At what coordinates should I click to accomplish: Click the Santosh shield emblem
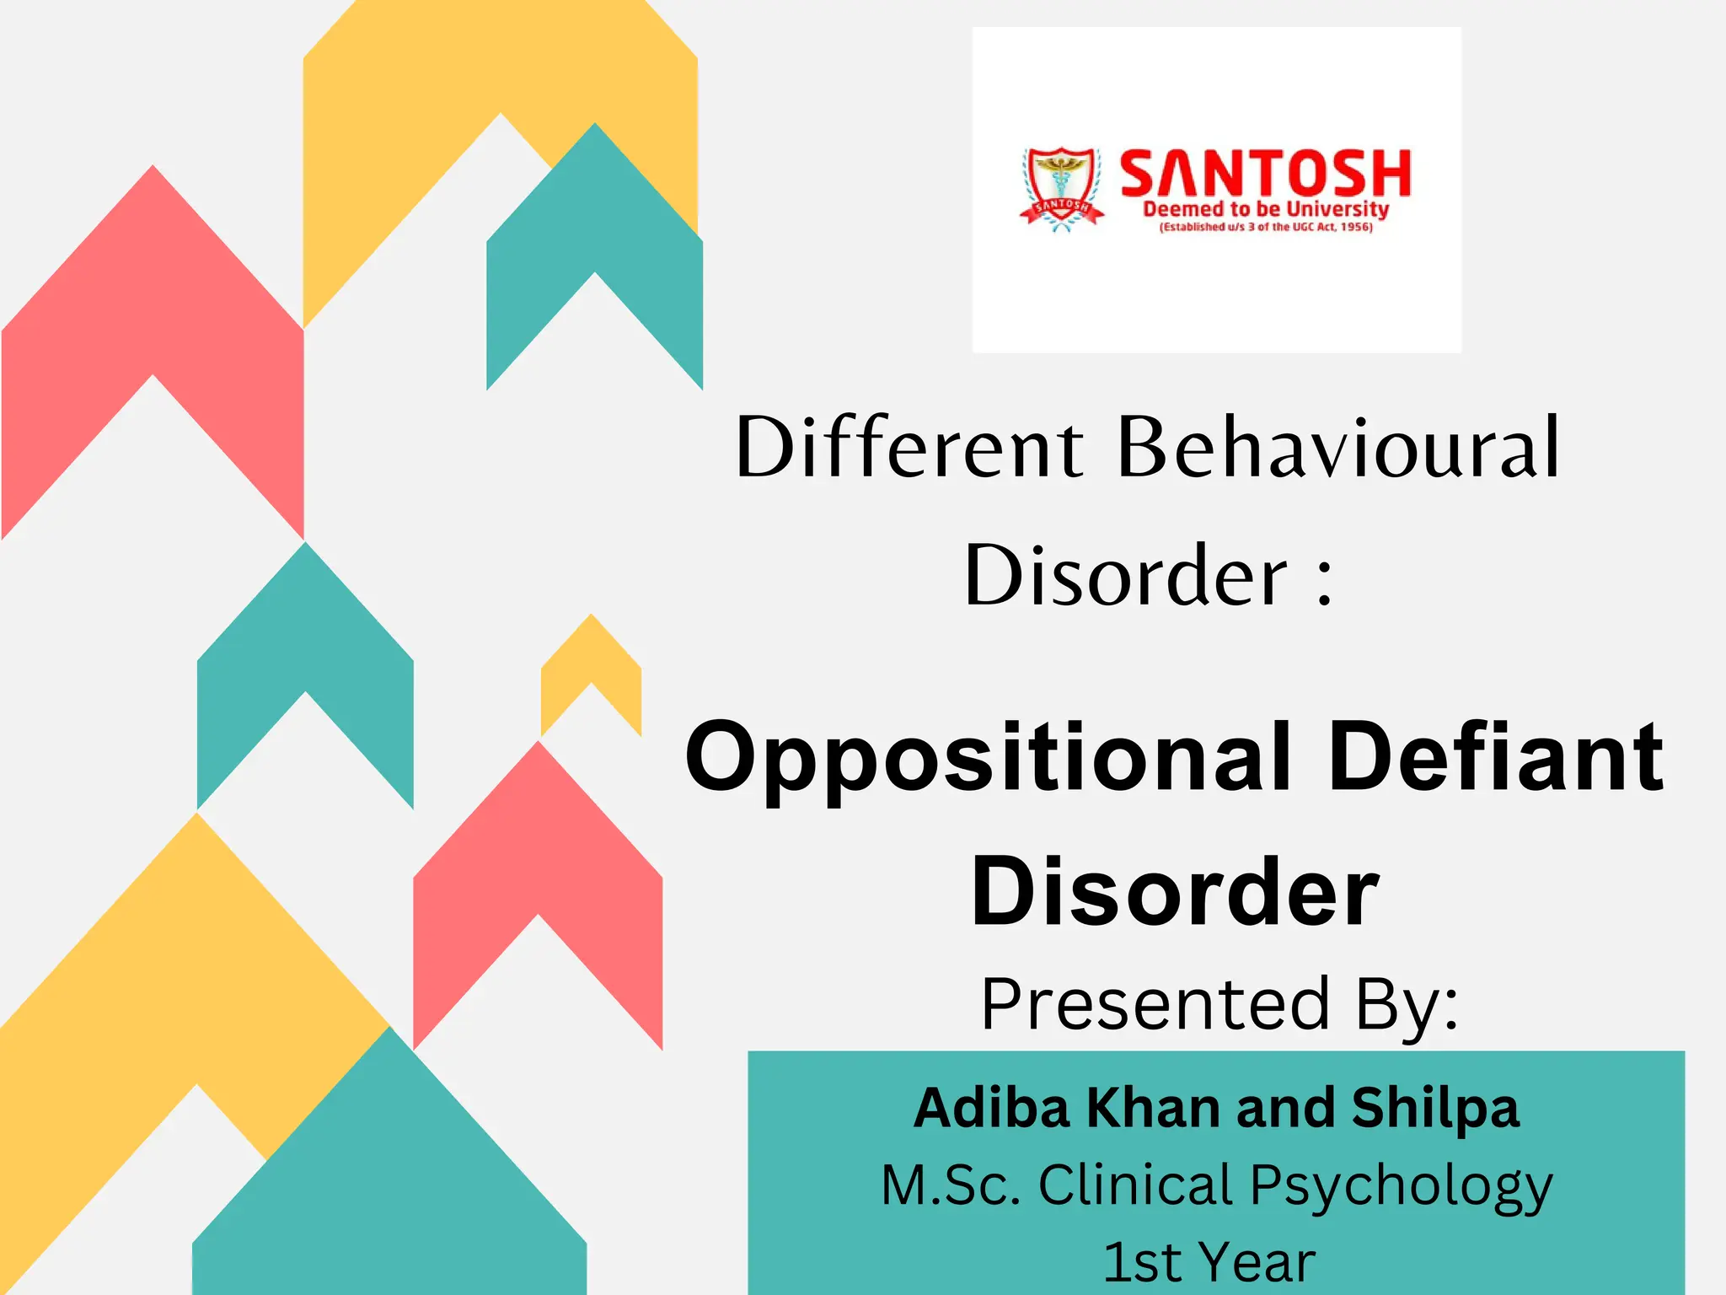pyautogui.click(x=1061, y=187)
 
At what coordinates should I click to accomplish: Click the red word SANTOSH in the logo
pyautogui.click(x=1264, y=174)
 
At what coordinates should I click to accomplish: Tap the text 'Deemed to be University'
pyautogui.click(x=1265, y=209)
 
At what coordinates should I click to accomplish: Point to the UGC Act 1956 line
pyautogui.click(x=1265, y=227)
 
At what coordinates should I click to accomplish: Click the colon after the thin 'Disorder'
pyautogui.click(x=1324, y=581)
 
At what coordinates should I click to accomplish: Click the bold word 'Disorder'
pyautogui.click(x=1175, y=891)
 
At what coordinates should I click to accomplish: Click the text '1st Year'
pyautogui.click(x=1209, y=1262)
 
